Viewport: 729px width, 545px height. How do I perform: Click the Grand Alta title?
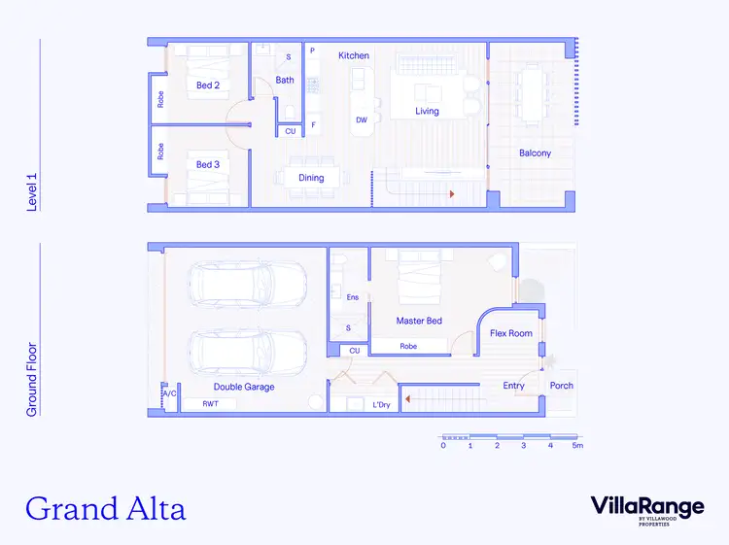tap(105, 507)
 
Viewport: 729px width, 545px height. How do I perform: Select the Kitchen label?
tap(354, 55)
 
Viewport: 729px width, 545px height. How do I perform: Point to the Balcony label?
tap(535, 153)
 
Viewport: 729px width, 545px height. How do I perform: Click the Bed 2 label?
tap(208, 85)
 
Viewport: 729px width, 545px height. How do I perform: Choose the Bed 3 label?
tap(208, 164)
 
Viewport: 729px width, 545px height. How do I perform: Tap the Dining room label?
tap(311, 178)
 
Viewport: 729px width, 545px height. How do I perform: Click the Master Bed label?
tap(419, 321)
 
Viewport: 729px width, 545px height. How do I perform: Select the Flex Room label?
tap(511, 333)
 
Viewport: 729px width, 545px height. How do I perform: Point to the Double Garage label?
tap(244, 387)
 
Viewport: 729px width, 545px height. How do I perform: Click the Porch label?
tap(562, 386)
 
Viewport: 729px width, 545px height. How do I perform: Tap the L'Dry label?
tap(381, 405)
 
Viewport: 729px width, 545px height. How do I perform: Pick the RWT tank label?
tap(210, 403)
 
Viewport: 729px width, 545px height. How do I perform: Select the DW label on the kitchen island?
tap(362, 120)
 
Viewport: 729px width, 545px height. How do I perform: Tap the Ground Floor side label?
tap(32, 379)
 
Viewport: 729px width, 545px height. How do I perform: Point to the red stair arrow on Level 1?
tap(451, 194)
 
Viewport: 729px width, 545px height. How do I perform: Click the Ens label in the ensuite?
tap(351, 297)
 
